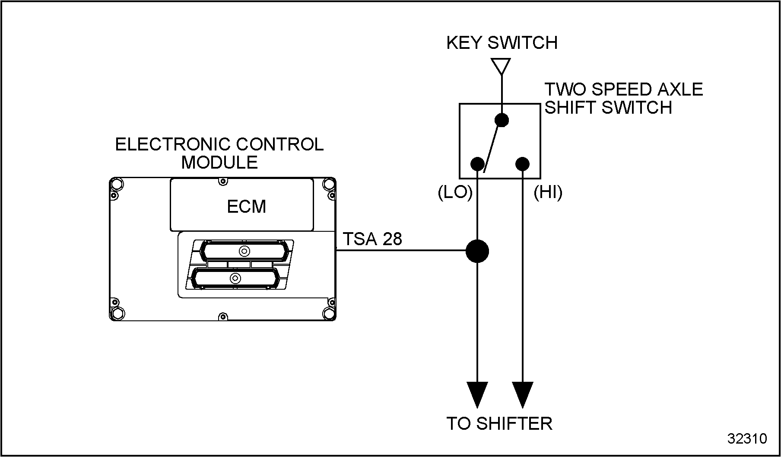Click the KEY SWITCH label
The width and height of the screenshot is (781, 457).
pyautogui.click(x=502, y=43)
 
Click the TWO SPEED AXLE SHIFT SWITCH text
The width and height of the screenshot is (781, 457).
pyautogui.click(x=623, y=98)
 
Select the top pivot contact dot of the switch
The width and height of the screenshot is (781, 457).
pyautogui.click(x=502, y=120)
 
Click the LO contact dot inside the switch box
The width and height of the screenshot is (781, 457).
pyautogui.click(x=477, y=164)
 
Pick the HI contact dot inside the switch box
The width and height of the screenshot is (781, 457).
pyautogui.click(x=522, y=164)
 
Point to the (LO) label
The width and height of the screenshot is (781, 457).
pyautogui.click(x=455, y=192)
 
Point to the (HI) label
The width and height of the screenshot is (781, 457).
pyautogui.click(x=548, y=192)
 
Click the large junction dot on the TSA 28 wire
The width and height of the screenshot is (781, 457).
pyautogui.click(x=477, y=251)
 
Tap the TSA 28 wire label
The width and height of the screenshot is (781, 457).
pyautogui.click(x=372, y=239)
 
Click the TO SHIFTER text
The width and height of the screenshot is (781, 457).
pyautogui.click(x=499, y=424)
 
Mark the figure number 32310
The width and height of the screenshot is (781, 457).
pyautogui.click(x=747, y=438)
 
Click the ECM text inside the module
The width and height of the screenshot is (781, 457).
pyautogui.click(x=246, y=207)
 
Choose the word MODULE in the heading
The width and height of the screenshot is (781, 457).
pyautogui.click(x=219, y=163)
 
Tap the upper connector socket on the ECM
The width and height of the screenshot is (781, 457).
pyautogui.click(x=244, y=251)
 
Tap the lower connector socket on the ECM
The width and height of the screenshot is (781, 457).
pyautogui.click(x=235, y=278)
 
